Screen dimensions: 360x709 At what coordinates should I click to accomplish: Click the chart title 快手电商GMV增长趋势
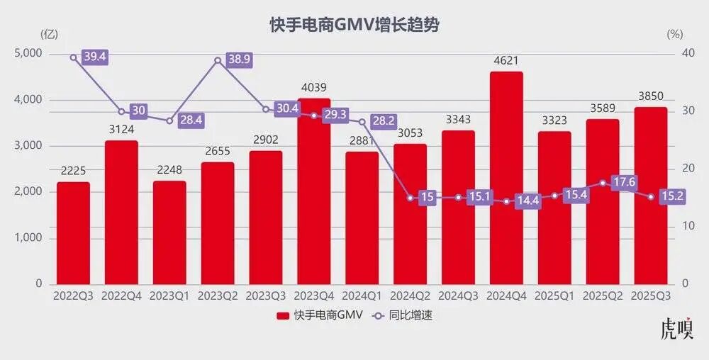[x=354, y=26]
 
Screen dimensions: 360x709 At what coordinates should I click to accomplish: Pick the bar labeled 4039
[x=313, y=191]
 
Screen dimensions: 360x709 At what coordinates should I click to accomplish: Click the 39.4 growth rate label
[x=94, y=57]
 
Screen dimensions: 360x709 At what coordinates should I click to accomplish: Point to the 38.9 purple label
[x=240, y=60]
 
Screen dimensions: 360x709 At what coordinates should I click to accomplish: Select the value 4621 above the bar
[x=506, y=61]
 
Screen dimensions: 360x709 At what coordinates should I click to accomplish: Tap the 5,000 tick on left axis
[x=28, y=54]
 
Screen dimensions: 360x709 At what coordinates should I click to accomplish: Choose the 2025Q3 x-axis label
[x=650, y=296]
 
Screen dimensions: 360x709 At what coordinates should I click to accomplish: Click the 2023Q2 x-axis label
[x=217, y=296]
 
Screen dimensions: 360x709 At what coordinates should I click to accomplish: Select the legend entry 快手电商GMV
[x=320, y=315]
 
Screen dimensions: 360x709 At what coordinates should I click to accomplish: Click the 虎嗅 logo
[x=676, y=330]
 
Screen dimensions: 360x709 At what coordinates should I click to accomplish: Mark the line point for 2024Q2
[x=410, y=198]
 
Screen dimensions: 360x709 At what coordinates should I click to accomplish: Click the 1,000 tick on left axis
[x=28, y=238]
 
